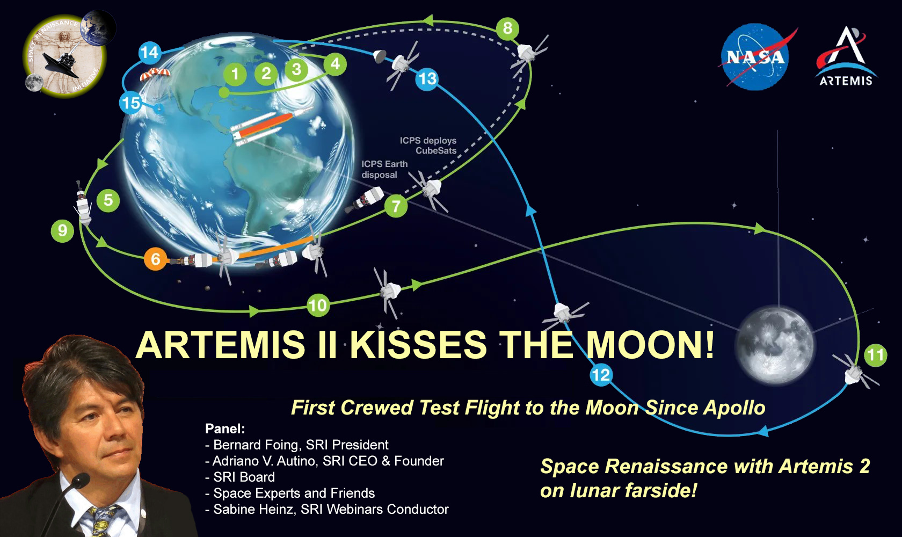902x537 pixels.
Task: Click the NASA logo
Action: click(755, 56)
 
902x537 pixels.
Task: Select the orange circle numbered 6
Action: click(156, 259)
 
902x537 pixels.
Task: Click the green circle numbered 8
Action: click(507, 28)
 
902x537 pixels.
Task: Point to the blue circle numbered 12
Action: click(601, 375)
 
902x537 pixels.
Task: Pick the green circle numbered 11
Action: click(875, 355)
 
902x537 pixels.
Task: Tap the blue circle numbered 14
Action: click(150, 53)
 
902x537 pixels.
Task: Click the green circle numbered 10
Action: click(318, 305)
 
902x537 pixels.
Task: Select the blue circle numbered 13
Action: click(427, 78)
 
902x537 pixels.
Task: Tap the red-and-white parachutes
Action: click(155, 74)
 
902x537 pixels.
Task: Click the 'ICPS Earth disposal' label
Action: click(384, 169)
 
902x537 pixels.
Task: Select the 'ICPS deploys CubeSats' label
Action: click(428, 146)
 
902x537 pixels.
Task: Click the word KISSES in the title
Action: click(418, 345)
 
